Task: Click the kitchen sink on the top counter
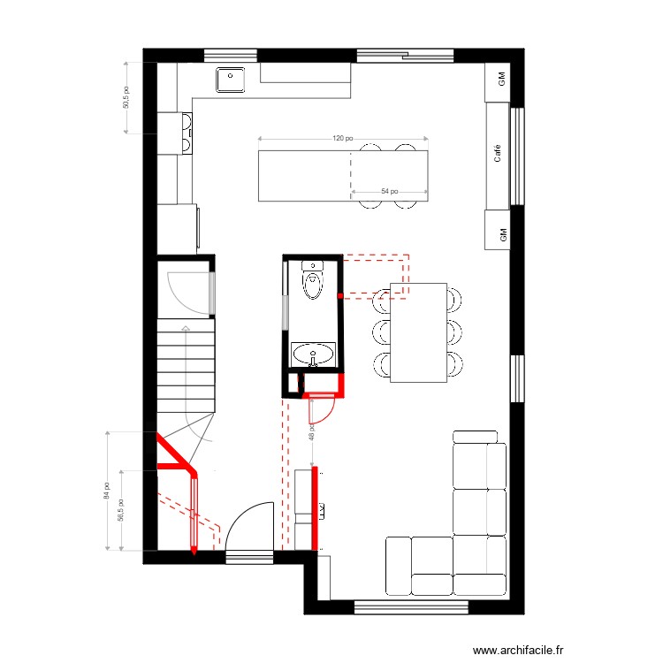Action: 231,80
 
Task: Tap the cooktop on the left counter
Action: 187,133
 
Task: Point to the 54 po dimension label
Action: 389,191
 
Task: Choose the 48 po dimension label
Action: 311,431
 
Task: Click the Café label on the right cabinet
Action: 499,154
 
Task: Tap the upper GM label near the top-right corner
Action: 500,79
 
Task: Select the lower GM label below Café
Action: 502,234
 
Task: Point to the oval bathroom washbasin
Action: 314,355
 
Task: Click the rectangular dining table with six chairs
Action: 419,332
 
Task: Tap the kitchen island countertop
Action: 342,176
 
